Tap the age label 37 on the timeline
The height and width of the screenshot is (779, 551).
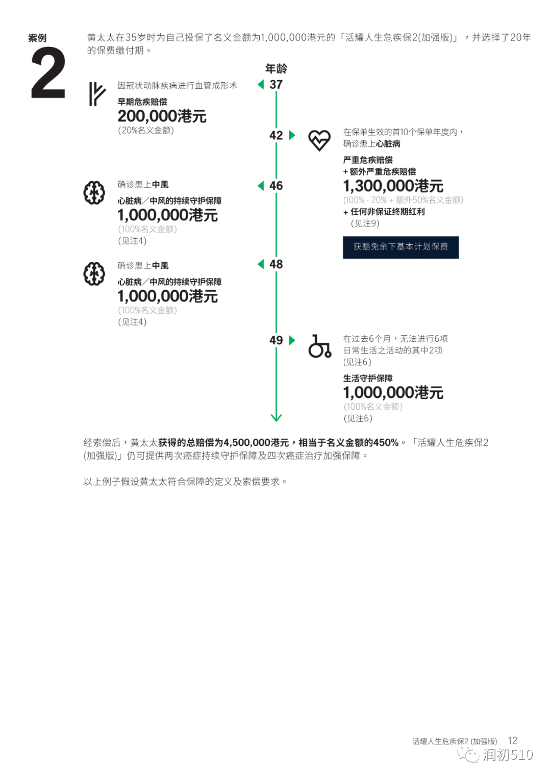(276, 85)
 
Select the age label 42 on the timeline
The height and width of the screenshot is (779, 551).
(276, 135)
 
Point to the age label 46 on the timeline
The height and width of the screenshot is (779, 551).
(276, 186)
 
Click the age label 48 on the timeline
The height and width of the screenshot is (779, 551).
(276, 264)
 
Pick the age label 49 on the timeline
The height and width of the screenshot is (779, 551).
(276, 340)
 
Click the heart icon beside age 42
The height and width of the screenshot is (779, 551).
(319, 140)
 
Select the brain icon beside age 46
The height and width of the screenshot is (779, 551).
(94, 193)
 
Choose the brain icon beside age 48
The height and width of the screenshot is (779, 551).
(94, 273)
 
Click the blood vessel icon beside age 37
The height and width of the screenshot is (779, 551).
(97, 94)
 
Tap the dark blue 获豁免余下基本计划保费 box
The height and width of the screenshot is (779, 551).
(400, 247)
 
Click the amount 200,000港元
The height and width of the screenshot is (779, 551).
(162, 116)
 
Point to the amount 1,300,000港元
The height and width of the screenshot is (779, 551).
(393, 186)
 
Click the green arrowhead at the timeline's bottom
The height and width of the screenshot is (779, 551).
(276, 418)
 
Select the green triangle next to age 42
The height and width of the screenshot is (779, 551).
(292, 135)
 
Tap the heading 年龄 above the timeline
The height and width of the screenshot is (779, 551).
(276, 69)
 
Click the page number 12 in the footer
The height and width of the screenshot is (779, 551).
(512, 741)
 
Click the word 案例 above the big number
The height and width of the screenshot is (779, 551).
(37, 38)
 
